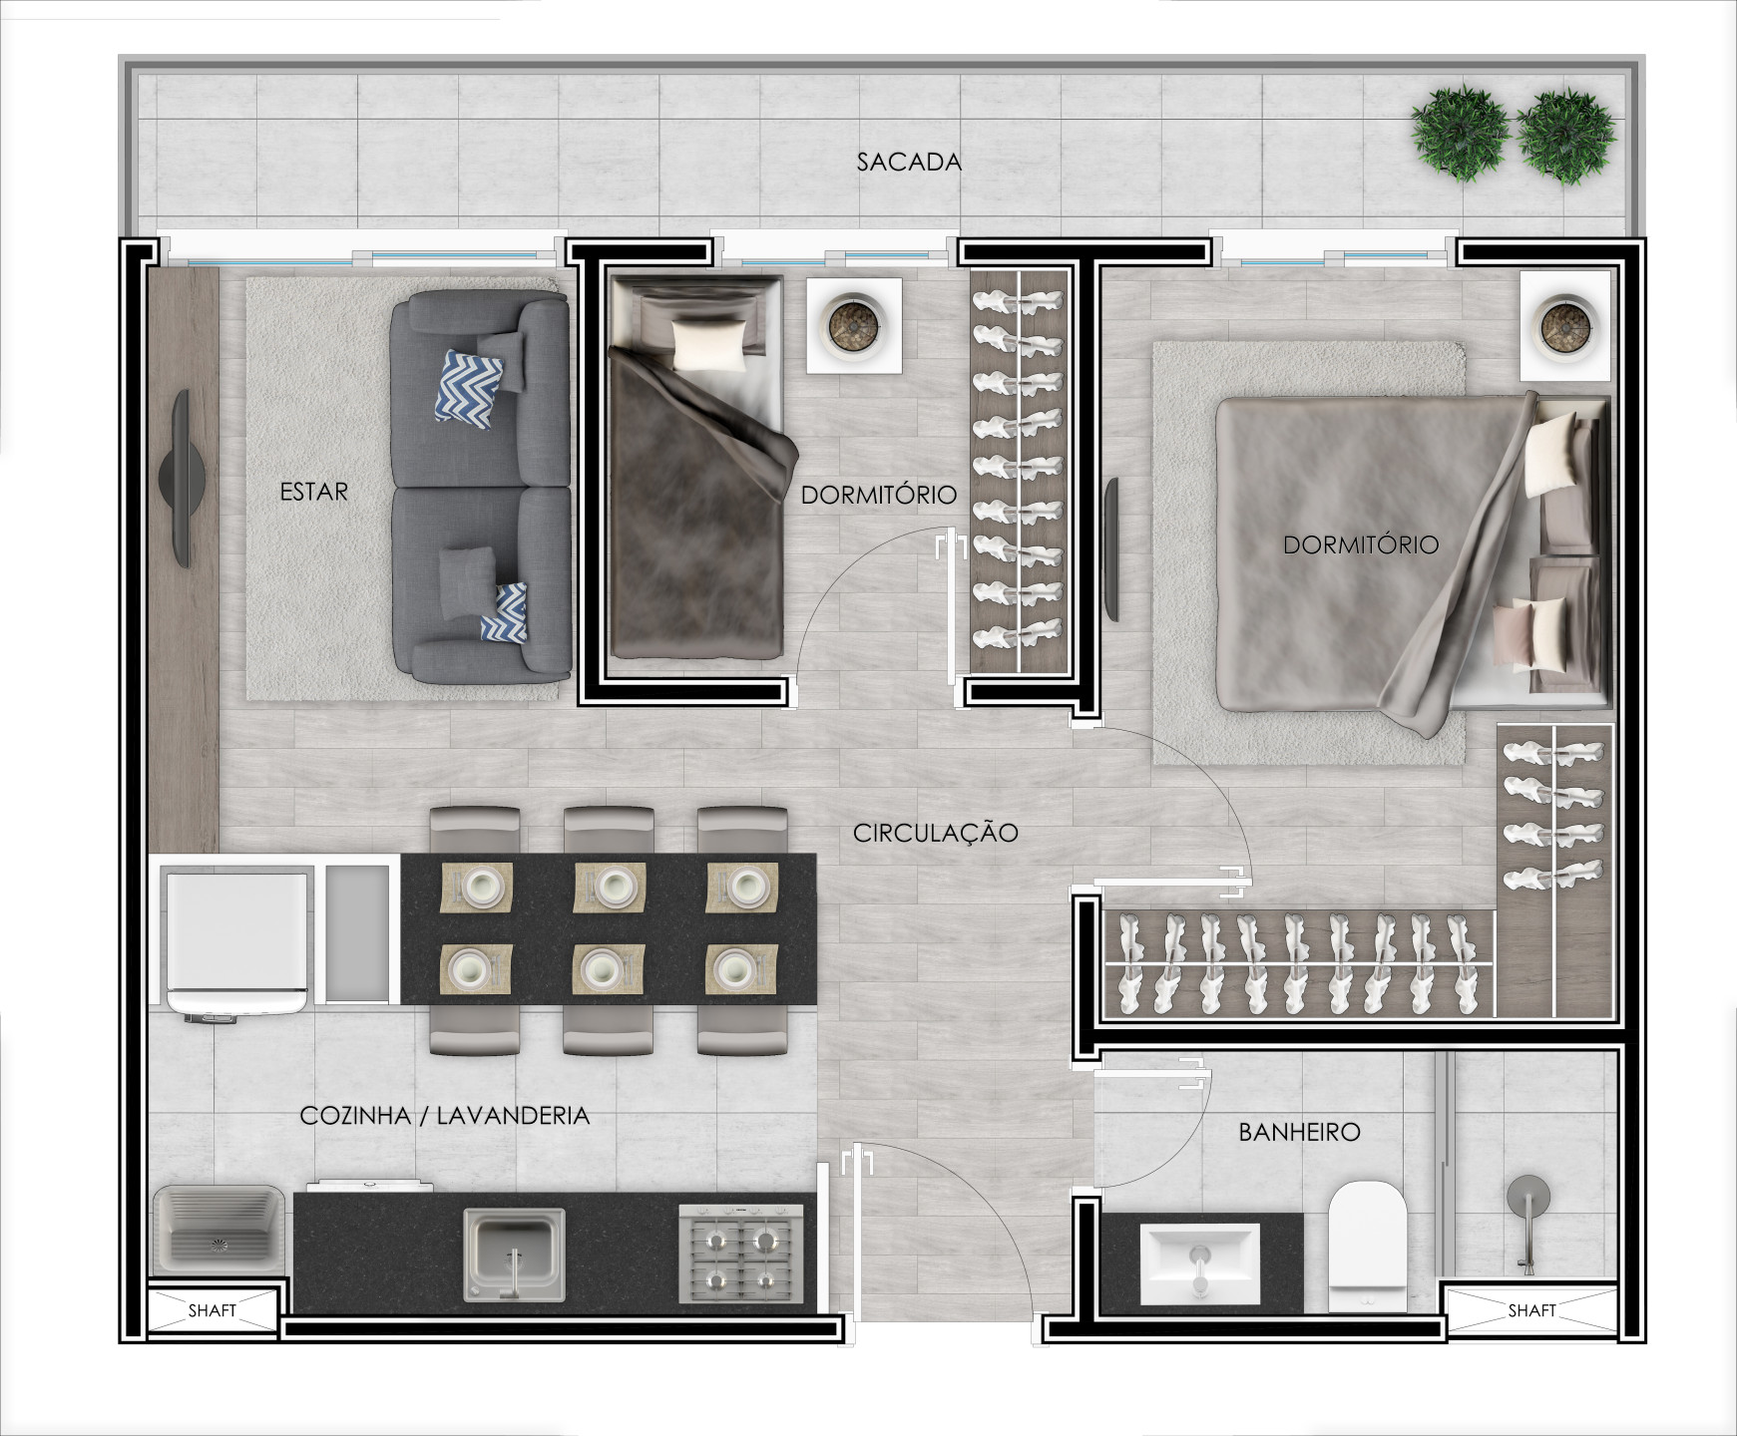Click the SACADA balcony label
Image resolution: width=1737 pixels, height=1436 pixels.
click(x=909, y=162)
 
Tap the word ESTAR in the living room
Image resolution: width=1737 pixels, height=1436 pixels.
click(x=314, y=492)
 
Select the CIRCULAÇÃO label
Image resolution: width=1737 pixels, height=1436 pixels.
click(x=935, y=832)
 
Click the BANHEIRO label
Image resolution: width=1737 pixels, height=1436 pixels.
click(x=1299, y=1132)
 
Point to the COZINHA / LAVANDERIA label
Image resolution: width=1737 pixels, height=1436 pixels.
click(x=445, y=1115)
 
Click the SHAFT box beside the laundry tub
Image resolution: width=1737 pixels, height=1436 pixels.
click(x=213, y=1310)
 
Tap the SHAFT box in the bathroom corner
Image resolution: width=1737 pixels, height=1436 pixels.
click(x=1531, y=1310)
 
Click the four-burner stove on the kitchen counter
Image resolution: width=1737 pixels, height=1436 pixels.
click(x=740, y=1254)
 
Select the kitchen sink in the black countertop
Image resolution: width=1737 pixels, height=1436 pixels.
click(x=515, y=1254)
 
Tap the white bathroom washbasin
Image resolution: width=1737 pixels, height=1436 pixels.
click(x=1200, y=1261)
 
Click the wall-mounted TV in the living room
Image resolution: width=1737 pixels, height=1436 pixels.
click(x=184, y=479)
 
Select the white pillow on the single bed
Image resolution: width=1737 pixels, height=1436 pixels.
click(x=708, y=345)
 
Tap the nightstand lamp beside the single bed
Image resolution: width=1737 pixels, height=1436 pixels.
click(x=854, y=326)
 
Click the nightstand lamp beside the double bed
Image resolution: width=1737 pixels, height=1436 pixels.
click(x=1564, y=326)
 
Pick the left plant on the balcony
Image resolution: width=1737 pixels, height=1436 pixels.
click(x=1459, y=135)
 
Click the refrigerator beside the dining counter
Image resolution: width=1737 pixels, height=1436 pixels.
click(x=237, y=942)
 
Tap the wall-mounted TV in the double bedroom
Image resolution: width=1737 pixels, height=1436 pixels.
click(x=1111, y=549)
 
